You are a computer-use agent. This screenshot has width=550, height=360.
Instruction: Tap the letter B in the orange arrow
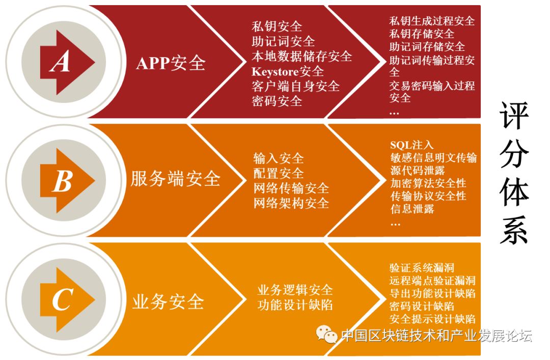pyautogui.click(x=62, y=181)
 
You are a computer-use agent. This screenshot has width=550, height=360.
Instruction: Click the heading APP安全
pyautogui.click(x=171, y=63)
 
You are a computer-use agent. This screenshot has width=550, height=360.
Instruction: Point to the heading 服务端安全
pyautogui.click(x=175, y=179)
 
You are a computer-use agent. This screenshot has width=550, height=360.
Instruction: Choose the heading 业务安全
pyautogui.click(x=168, y=301)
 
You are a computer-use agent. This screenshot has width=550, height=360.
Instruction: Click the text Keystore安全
pyautogui.click(x=287, y=71)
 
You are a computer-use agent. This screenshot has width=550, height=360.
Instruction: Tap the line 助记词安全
pyautogui.click(x=283, y=41)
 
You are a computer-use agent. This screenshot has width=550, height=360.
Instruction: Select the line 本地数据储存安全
pyautogui.click(x=301, y=56)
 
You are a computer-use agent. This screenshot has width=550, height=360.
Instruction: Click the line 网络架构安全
pyautogui.click(x=291, y=203)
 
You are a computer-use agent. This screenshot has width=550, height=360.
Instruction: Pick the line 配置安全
pyautogui.click(x=278, y=173)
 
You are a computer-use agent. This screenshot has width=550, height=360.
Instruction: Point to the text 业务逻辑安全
pyautogui.click(x=295, y=290)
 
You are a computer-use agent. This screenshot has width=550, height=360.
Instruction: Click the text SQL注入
pyautogui.click(x=411, y=145)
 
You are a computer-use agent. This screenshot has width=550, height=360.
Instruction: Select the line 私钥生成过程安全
pyautogui.click(x=432, y=21)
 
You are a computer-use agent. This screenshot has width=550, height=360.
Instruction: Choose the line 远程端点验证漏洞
pyautogui.click(x=432, y=280)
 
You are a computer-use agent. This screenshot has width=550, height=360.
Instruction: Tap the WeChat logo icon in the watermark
pyautogui.click(x=326, y=334)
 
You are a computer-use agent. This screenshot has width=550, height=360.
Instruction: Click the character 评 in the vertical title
pyautogui.click(x=514, y=116)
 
